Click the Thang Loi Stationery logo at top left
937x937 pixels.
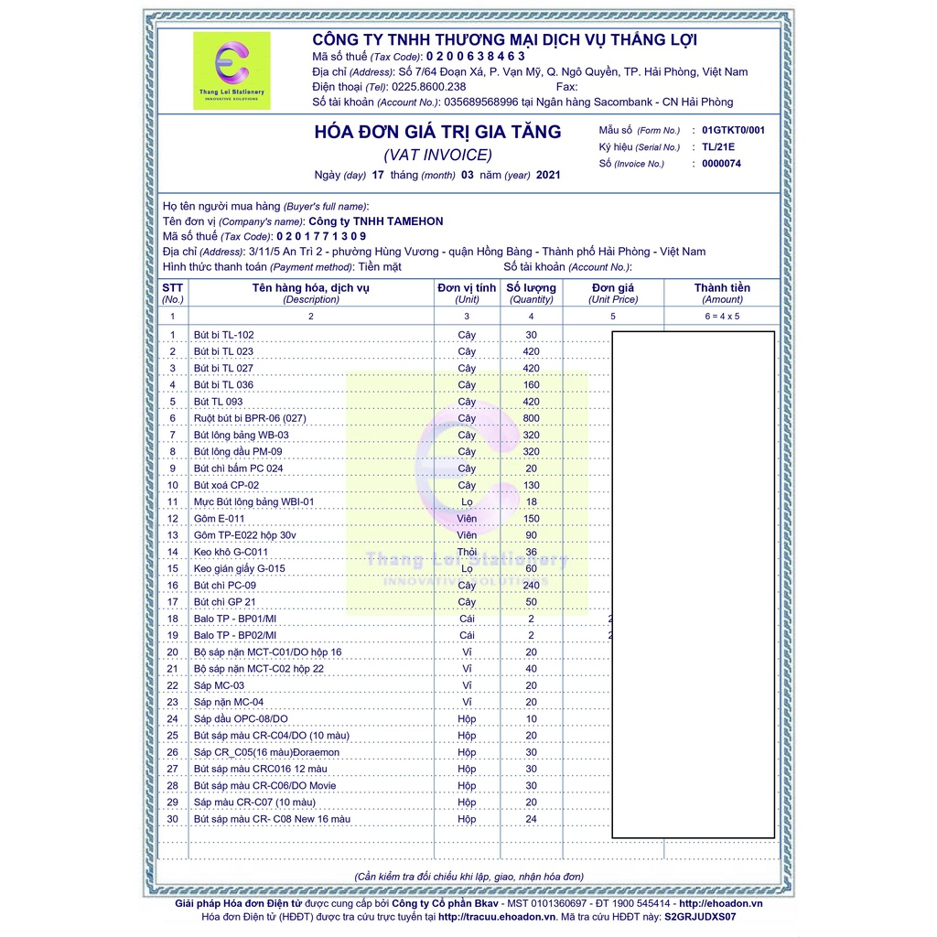[x=232, y=70]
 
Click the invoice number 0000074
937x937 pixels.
[x=721, y=164]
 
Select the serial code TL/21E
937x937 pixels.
[x=718, y=146]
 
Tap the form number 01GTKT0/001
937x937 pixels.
[x=733, y=130]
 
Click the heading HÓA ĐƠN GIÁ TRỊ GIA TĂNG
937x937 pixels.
[x=437, y=132]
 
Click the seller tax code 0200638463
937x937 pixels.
[x=476, y=56]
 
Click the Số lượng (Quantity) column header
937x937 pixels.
[x=532, y=293]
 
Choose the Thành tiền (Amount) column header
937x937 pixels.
[x=722, y=293]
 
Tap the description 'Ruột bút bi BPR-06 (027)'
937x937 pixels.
[x=250, y=418]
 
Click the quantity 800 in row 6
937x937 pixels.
[x=531, y=418]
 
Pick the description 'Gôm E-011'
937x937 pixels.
[x=219, y=519]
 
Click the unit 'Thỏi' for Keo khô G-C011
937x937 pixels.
[x=467, y=552]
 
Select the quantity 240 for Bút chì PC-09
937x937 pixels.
[x=531, y=586]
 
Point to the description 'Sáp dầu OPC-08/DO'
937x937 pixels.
[x=241, y=719]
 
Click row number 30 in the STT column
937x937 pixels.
[x=173, y=819]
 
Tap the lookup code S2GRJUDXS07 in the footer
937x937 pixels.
[x=700, y=916]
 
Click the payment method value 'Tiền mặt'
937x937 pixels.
[x=380, y=266]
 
